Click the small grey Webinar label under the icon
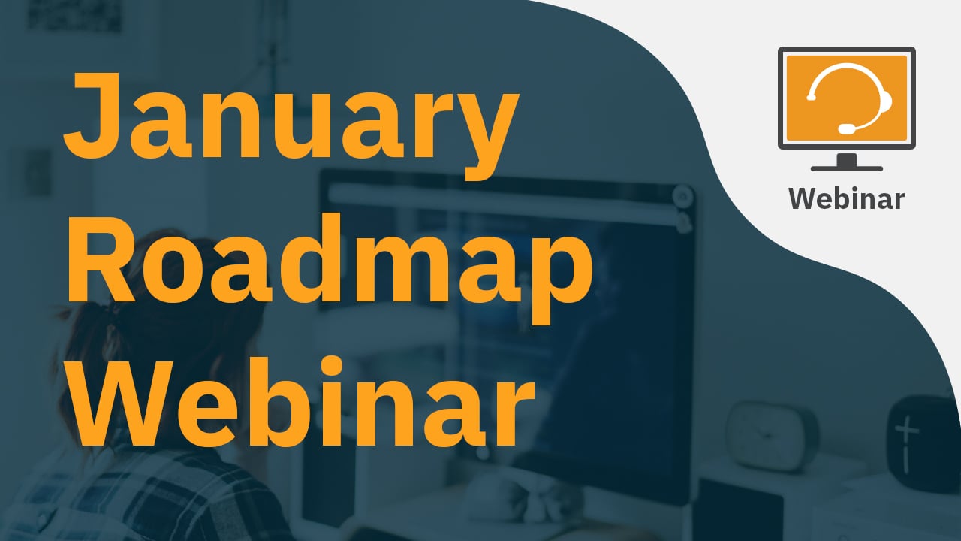(x=846, y=199)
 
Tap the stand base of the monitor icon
(x=846, y=168)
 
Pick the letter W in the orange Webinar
(x=125, y=403)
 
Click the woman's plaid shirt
(x=142, y=498)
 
